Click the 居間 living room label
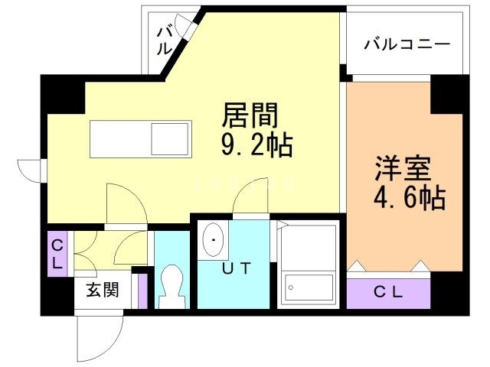pyautogui.click(x=247, y=117)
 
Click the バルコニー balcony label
pyautogui.click(x=406, y=44)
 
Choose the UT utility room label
pyautogui.click(x=236, y=269)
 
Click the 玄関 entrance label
pyautogui.click(x=101, y=291)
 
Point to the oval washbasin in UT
pyautogui.click(x=212, y=242)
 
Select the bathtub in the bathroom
pyautogui.click(x=309, y=287)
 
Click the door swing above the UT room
pyautogui.click(x=250, y=200)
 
